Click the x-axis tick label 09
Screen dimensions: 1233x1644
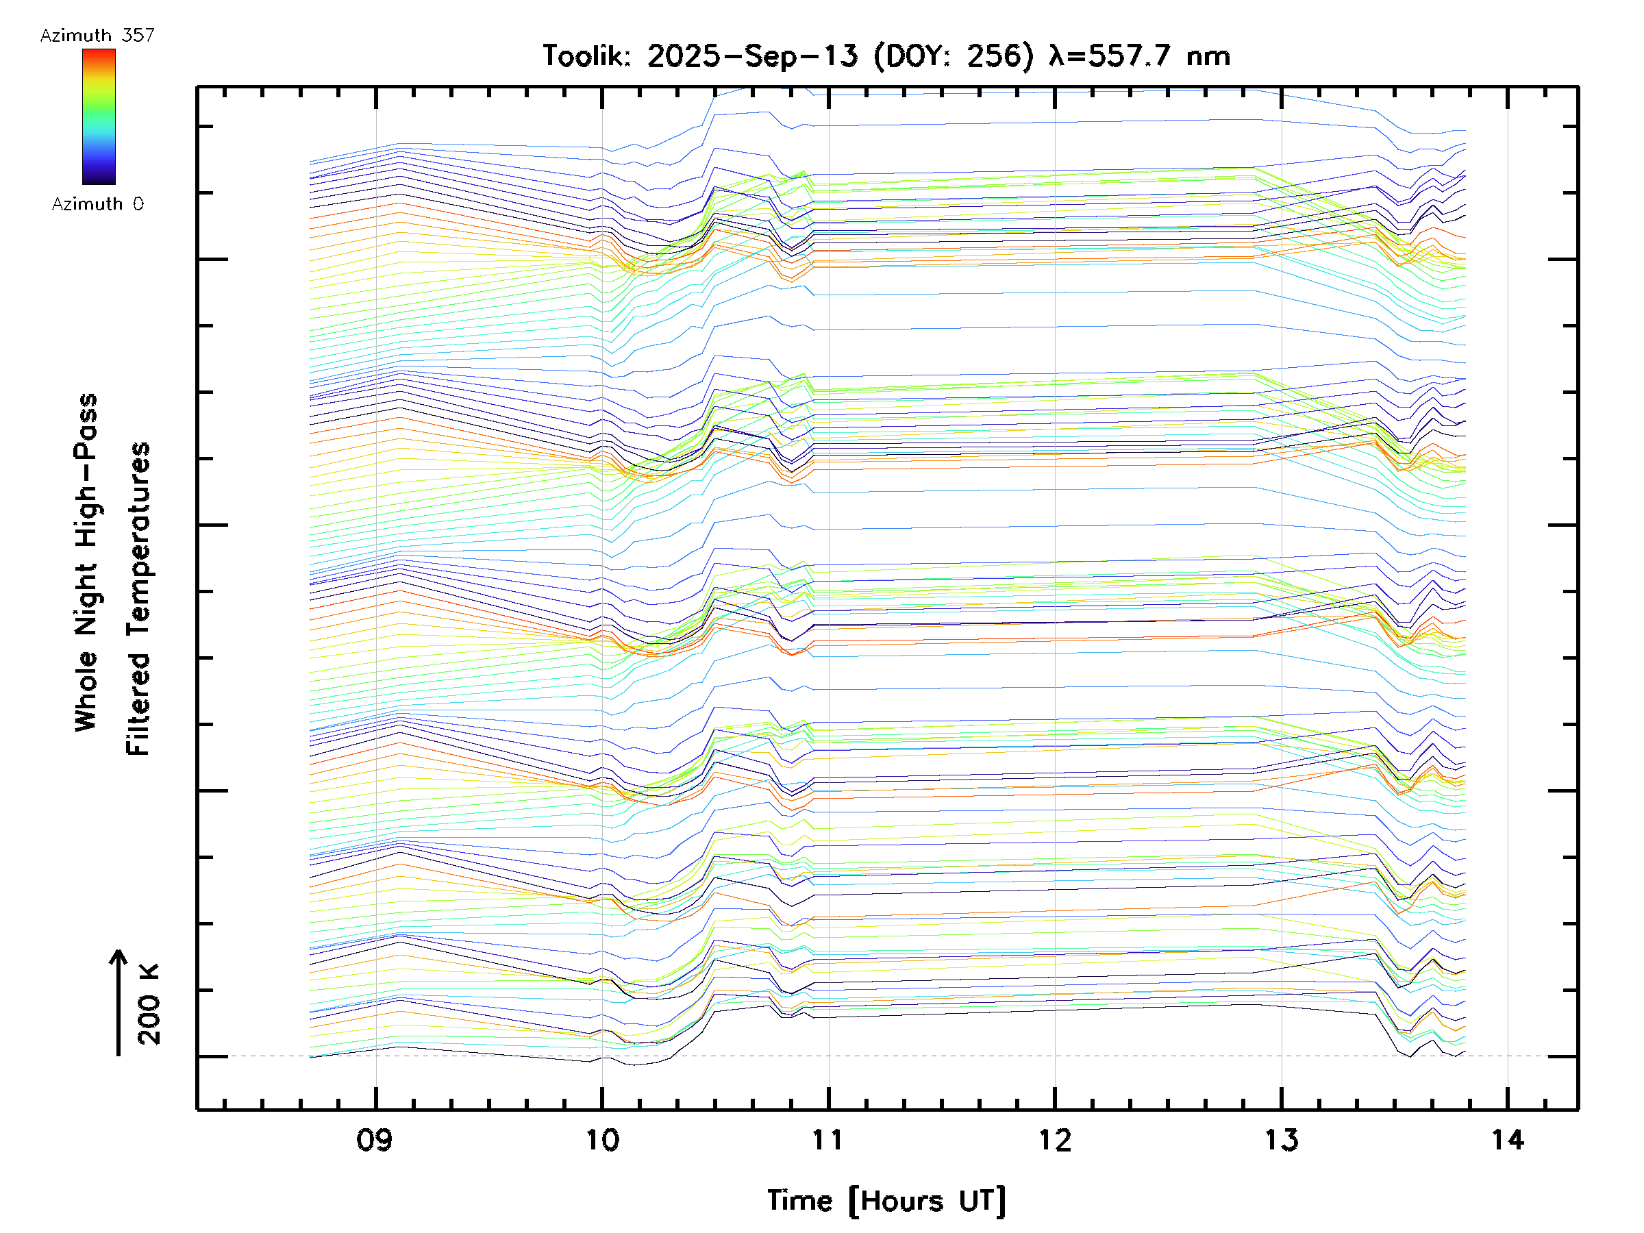[375, 1139]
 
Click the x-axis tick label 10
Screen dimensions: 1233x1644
[602, 1139]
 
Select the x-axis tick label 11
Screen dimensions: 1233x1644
[828, 1139]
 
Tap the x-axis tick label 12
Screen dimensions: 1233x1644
[1055, 1139]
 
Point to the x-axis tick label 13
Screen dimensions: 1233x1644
[1282, 1139]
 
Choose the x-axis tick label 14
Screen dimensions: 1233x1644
[1508, 1139]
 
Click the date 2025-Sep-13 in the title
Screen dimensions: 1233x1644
[752, 55]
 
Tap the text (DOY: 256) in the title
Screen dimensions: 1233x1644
[954, 55]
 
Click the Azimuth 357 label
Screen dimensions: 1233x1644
[97, 35]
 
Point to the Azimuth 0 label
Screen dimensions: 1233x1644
[97, 203]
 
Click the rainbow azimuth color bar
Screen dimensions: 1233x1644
[99, 116]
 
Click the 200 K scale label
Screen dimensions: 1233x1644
[149, 1004]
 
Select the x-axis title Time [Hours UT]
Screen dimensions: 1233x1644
[886, 1201]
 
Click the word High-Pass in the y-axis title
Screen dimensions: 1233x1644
[86, 470]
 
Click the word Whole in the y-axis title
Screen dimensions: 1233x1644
[86, 690]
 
